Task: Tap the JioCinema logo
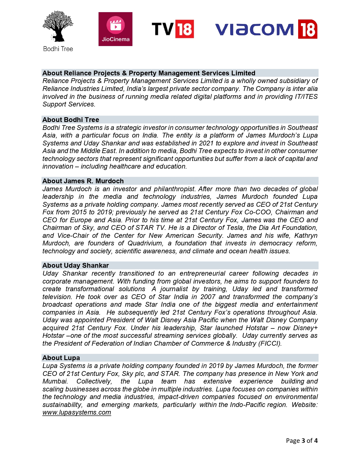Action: [x=115, y=29]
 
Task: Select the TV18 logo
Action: [x=173, y=29]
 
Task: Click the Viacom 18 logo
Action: [x=266, y=29]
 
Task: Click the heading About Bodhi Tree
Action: [x=71, y=120]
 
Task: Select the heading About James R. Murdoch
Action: [x=83, y=181]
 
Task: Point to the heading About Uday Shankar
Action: [x=75, y=265]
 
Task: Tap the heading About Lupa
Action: [x=61, y=358]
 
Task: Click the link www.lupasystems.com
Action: [x=77, y=412]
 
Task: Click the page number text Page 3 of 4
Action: [x=302, y=441]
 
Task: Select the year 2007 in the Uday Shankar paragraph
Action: [x=208, y=297]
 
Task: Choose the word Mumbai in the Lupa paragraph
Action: [x=55, y=381]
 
